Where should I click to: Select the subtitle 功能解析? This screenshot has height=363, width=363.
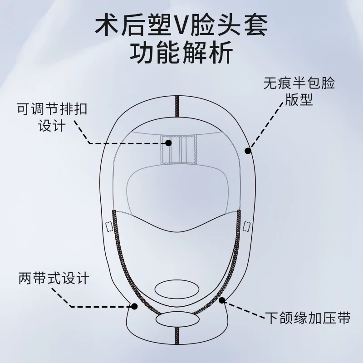(x=181, y=52)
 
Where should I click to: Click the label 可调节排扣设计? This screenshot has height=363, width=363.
(x=52, y=118)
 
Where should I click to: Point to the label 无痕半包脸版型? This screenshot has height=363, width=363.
(x=299, y=92)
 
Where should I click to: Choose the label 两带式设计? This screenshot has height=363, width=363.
(x=54, y=278)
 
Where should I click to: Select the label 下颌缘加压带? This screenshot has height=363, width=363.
(x=308, y=318)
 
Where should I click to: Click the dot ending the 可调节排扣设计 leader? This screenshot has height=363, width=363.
(x=168, y=143)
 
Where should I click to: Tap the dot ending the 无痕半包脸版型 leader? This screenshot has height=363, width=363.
(x=248, y=151)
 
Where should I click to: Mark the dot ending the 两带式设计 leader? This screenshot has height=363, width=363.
(x=134, y=306)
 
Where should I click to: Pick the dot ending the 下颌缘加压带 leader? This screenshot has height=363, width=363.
(x=222, y=300)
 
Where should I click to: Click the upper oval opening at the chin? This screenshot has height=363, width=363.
(x=177, y=289)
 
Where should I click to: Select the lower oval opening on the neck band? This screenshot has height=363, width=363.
(x=177, y=319)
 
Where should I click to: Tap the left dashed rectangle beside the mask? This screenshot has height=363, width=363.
(x=109, y=226)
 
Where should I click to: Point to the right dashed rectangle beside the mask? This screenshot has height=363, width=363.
(x=246, y=226)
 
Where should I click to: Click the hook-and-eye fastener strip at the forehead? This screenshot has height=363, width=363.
(x=178, y=150)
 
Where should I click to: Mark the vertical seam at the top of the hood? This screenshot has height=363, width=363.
(x=177, y=107)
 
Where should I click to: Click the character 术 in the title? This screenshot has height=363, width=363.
(x=106, y=25)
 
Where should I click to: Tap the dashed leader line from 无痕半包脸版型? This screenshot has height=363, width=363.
(x=266, y=125)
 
